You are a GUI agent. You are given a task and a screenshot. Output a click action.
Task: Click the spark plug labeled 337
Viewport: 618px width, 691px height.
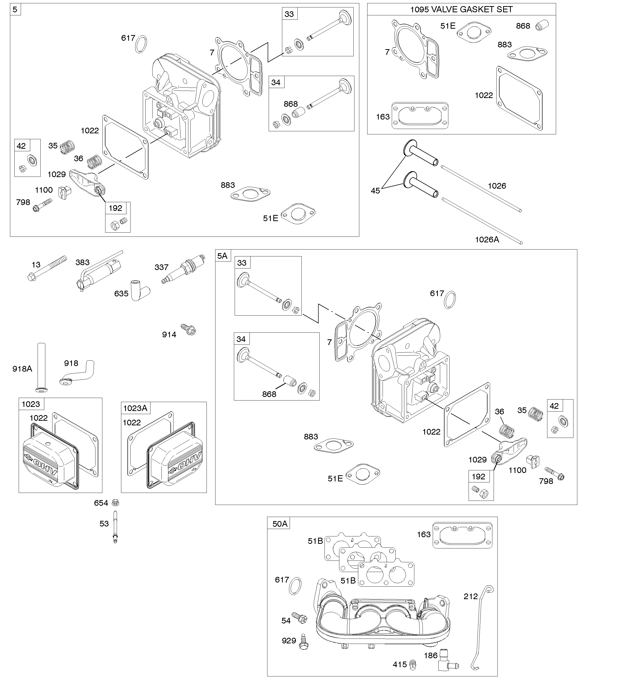coord(183,269)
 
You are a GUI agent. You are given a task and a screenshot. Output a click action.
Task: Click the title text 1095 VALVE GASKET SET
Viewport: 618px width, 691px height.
coord(461,9)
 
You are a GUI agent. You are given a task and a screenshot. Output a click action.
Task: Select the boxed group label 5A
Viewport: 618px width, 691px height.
coord(222,256)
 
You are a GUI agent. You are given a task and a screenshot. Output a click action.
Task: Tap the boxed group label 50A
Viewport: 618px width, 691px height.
coord(280,524)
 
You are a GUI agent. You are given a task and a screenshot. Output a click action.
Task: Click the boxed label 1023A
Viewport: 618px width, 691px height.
coord(135,408)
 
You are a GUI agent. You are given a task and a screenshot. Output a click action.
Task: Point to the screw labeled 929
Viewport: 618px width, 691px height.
coord(303,641)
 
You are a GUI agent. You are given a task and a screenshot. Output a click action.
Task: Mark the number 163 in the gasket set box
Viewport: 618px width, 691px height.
coord(383,117)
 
